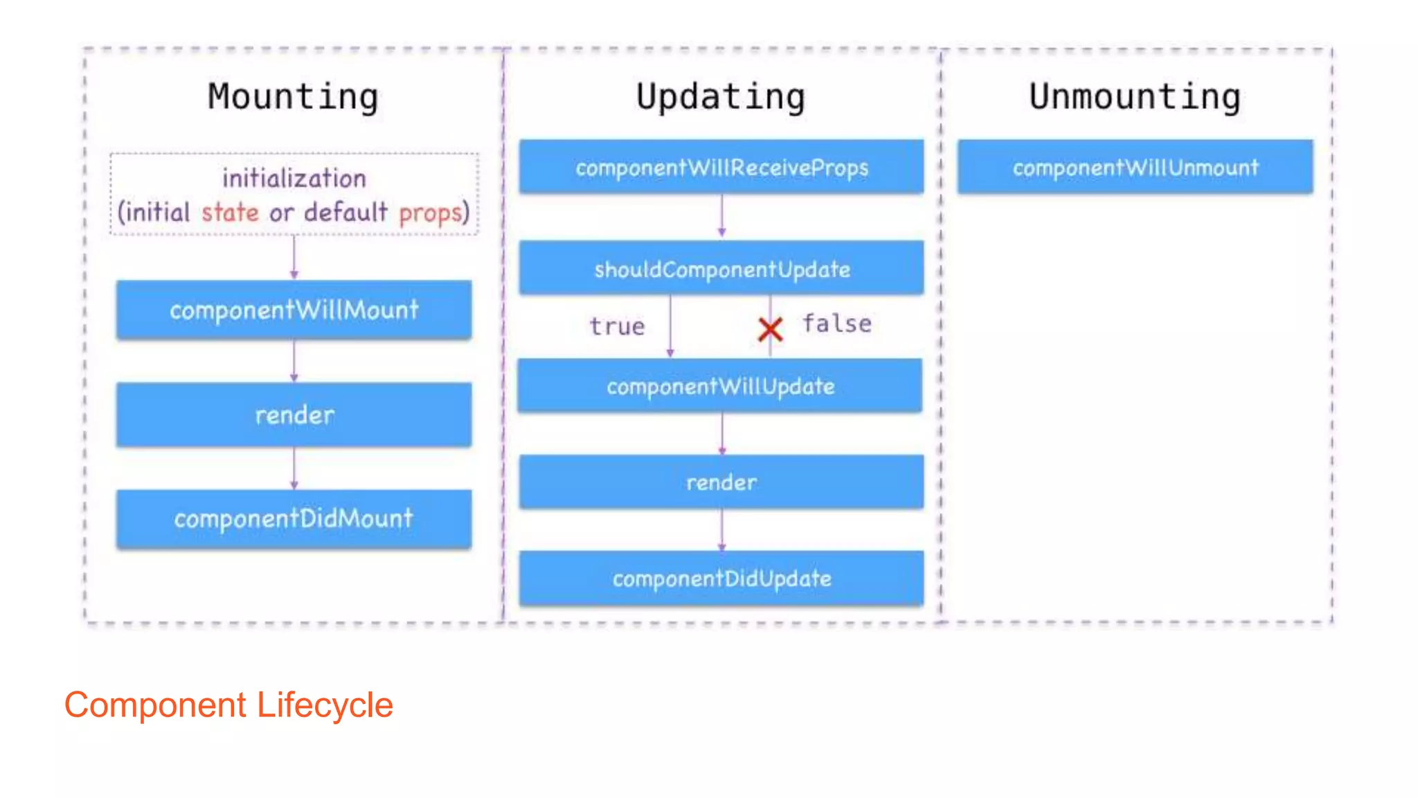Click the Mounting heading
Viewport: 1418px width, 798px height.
293,97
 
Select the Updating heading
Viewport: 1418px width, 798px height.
720,97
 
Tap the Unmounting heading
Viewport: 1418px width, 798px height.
1134,97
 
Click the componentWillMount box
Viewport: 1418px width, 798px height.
294,310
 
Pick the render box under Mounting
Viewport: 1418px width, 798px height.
294,415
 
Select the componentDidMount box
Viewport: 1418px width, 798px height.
294,519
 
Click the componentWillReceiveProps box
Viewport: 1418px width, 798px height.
721,167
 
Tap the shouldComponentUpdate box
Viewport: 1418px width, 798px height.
721,269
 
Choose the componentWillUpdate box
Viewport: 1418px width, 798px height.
720,386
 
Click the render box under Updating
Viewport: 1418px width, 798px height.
721,482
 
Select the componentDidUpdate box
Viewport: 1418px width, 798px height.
721,578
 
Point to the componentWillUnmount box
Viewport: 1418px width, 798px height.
1135,167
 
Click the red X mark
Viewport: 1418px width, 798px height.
770,330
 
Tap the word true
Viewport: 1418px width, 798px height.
616,326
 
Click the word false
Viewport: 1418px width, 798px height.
836,323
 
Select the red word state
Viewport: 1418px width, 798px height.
230,212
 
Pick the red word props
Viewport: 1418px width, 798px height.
430,213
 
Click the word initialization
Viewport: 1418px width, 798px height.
294,179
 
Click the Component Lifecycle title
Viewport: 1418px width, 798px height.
228,705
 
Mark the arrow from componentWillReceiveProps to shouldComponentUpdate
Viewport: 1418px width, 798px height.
721,216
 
